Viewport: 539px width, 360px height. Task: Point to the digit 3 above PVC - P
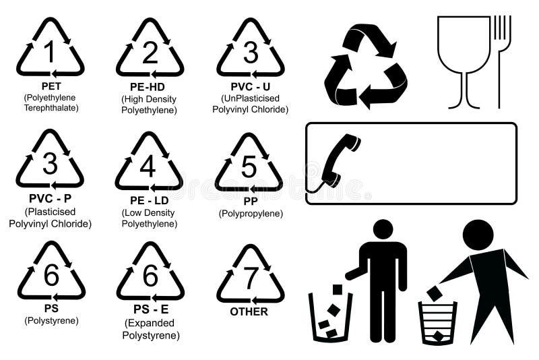50,164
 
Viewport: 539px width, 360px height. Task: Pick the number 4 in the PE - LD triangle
148,166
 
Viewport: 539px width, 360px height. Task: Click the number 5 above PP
249,166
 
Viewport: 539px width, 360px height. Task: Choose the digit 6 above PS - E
150,276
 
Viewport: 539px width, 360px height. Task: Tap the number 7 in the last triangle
251,276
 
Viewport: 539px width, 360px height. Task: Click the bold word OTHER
249,311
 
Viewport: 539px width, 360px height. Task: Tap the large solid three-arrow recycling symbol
365,66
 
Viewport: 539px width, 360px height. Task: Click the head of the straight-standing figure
383,229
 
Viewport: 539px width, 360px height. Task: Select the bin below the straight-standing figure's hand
330,316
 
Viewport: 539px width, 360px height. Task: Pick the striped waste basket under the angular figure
437,322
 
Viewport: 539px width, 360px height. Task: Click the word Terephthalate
51,108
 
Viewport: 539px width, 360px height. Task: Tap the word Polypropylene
251,214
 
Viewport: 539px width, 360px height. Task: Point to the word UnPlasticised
251,98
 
